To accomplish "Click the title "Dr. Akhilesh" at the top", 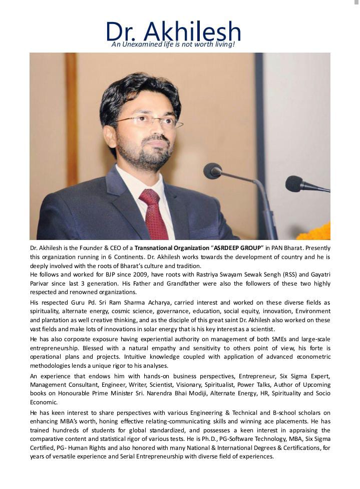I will [x=173, y=31].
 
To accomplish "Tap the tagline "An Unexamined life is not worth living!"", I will [x=173, y=45].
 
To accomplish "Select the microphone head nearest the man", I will [x=212, y=171].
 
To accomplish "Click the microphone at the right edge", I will [x=295, y=183].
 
